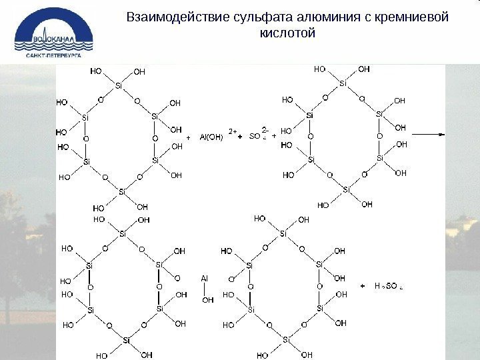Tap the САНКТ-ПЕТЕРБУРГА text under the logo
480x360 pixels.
tap(53, 56)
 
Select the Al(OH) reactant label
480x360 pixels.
tap(212, 138)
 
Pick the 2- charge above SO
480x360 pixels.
tap(265, 130)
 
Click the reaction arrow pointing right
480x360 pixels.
tap(430, 133)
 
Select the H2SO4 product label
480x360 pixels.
tap(386, 286)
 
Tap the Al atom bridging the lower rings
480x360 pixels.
tap(205, 278)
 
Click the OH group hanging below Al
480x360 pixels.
tap(207, 300)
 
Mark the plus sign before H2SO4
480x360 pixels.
tap(363, 286)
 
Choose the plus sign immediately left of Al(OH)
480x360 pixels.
tap(189, 138)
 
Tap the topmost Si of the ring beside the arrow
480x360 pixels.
tap(343, 83)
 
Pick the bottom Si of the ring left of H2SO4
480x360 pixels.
tap(285, 340)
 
